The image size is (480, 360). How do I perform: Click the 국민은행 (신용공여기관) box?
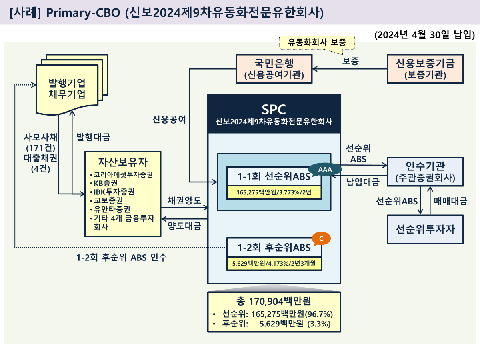click(x=274, y=69)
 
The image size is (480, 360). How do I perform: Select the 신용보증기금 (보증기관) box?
click(x=425, y=69)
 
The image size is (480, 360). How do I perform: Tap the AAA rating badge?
click(x=325, y=170)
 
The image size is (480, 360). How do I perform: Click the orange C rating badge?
click(x=321, y=238)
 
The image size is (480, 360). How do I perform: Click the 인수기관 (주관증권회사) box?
click(x=425, y=171)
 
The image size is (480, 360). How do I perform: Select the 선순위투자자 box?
click(x=425, y=229)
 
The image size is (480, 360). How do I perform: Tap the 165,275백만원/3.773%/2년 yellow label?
click(x=274, y=193)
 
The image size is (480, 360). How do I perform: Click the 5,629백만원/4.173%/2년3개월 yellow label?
click(x=274, y=264)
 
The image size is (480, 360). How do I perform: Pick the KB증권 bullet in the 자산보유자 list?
click(x=105, y=183)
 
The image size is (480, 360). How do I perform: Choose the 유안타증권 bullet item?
click(x=111, y=209)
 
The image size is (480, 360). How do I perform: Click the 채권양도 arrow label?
click(x=184, y=201)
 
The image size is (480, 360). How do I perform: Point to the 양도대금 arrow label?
click(x=184, y=226)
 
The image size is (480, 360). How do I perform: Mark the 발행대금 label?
click(x=93, y=137)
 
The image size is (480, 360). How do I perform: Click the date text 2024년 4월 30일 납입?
click(x=425, y=35)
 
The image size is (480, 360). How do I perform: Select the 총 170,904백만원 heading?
click(x=274, y=301)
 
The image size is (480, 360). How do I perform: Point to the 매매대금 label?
click(x=450, y=201)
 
